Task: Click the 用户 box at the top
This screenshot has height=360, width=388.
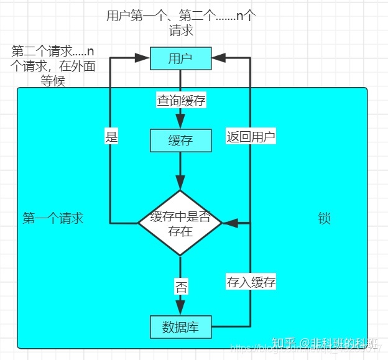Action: pyautogui.click(x=180, y=59)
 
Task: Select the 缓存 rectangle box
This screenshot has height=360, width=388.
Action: pyautogui.click(x=180, y=141)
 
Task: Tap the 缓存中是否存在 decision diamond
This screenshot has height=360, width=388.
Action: pyautogui.click(x=180, y=223)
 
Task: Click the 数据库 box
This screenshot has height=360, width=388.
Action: pyautogui.click(x=180, y=326)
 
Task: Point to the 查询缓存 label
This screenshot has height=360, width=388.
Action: pyautogui.click(x=181, y=100)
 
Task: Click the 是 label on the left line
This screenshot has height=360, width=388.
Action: pyautogui.click(x=111, y=137)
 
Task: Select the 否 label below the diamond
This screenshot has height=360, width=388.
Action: pyautogui.click(x=181, y=288)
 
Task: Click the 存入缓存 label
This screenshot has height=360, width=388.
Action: pyautogui.click(x=251, y=282)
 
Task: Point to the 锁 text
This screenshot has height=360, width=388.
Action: pyautogui.click(x=324, y=218)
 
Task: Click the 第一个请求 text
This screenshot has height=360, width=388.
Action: pyautogui.click(x=53, y=218)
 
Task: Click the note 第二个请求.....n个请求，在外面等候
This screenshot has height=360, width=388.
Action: pyautogui.click(x=53, y=65)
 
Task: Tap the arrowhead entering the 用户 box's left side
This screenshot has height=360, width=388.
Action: pyautogui.click(x=143, y=59)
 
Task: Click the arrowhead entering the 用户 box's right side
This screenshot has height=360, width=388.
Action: pyautogui.click(x=218, y=59)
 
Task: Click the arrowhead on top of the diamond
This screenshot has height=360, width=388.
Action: pyautogui.click(x=180, y=183)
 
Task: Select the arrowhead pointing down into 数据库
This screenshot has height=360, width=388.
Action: pyautogui.click(x=180, y=308)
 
